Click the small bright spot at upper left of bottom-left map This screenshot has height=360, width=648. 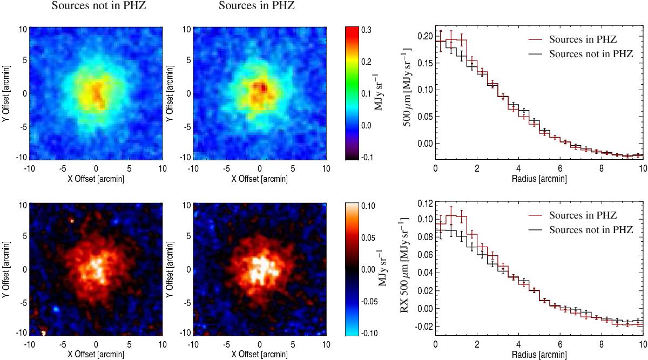click(x=72, y=220)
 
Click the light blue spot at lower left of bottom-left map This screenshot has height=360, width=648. click(x=56, y=309)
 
